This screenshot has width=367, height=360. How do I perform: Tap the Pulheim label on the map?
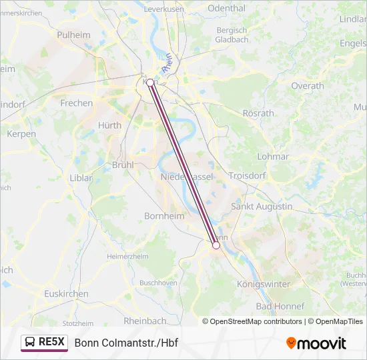tap(73, 34)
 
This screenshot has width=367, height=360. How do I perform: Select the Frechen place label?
tap(77, 103)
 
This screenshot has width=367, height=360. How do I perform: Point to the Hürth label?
tap(109, 125)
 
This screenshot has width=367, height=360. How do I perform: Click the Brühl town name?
tap(123, 164)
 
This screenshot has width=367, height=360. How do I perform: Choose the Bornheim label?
tap(160, 216)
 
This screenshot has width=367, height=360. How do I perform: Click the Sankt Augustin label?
tap(262, 207)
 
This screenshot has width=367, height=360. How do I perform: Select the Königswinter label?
tap(264, 284)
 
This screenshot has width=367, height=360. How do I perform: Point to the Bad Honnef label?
tap(280, 306)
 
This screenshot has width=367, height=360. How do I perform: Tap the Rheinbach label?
tap(145, 321)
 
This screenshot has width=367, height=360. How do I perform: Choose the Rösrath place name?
tap(258, 113)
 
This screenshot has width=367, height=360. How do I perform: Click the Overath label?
tap(307, 86)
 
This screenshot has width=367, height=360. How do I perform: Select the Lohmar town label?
tap(273, 157)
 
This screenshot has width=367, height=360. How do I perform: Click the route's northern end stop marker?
tap(150, 83)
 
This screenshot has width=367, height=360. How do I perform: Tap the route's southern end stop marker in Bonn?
tap(216, 245)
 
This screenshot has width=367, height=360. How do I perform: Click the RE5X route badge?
tap(45, 343)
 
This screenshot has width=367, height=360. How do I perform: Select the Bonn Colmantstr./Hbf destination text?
tap(126, 343)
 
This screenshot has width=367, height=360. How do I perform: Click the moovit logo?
tap(316, 343)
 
